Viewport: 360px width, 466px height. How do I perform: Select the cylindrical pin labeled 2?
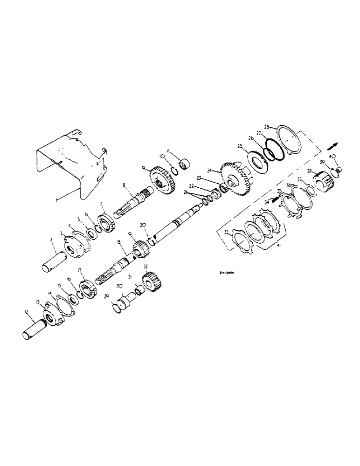(55, 261)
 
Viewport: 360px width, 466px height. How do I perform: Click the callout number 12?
(27, 311)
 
